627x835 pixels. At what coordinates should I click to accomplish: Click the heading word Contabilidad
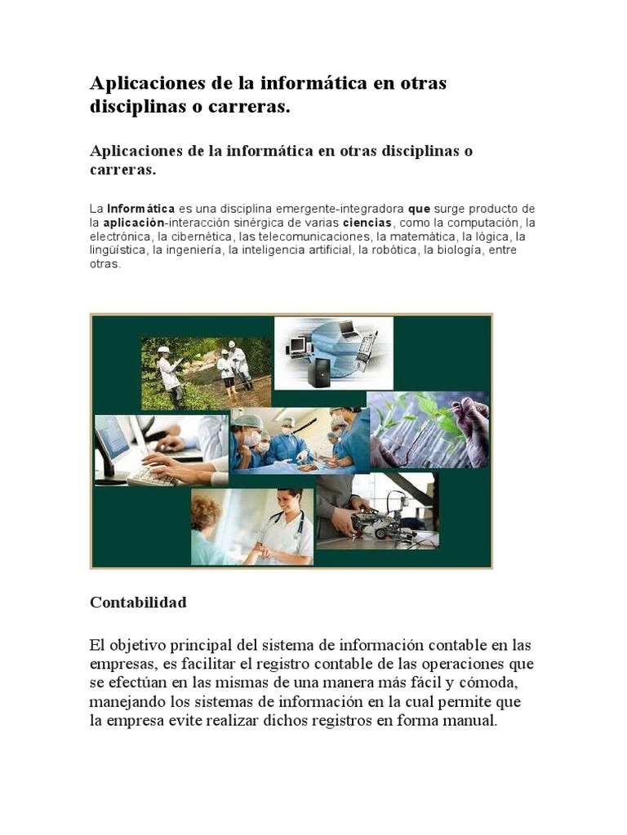coord(138,603)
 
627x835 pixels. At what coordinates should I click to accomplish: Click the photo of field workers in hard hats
coord(205,373)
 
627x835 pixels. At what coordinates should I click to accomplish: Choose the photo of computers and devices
coord(333,353)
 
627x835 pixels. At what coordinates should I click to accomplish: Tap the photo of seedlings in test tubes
coord(428,429)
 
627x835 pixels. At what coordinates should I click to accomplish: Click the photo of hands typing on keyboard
coord(160,451)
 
